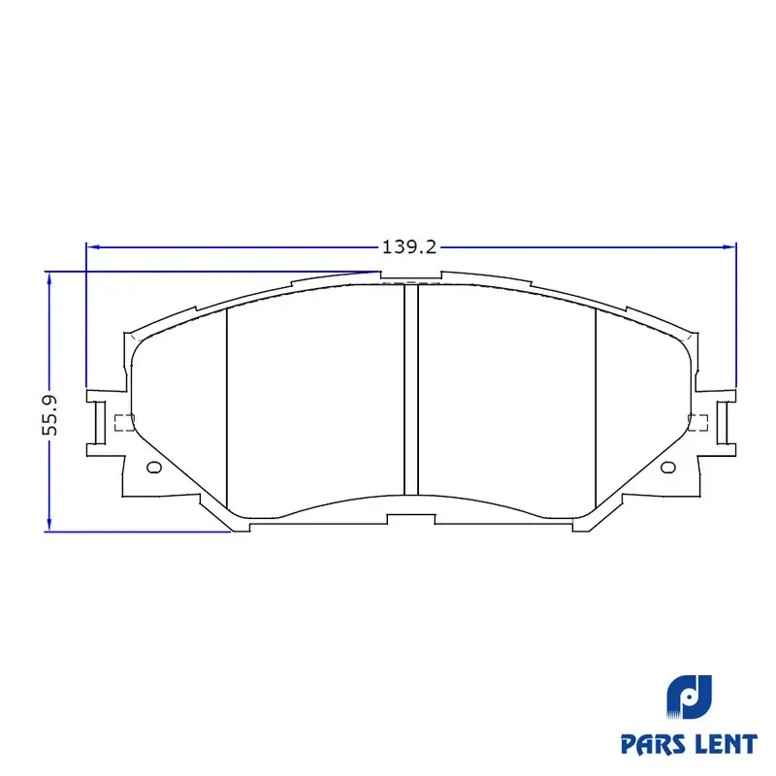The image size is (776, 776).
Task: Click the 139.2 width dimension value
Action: click(x=409, y=246)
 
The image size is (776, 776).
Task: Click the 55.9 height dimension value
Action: click(x=50, y=416)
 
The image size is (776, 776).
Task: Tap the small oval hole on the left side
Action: click(x=154, y=468)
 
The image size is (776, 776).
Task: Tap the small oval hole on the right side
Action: click(x=668, y=468)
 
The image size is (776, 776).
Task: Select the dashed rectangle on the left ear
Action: click(x=124, y=423)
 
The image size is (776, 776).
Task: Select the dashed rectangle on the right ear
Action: click(x=697, y=423)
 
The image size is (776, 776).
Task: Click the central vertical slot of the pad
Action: click(x=411, y=390)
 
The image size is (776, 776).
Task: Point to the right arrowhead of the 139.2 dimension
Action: click(x=729, y=246)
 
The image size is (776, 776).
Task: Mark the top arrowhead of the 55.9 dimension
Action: click(x=49, y=278)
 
